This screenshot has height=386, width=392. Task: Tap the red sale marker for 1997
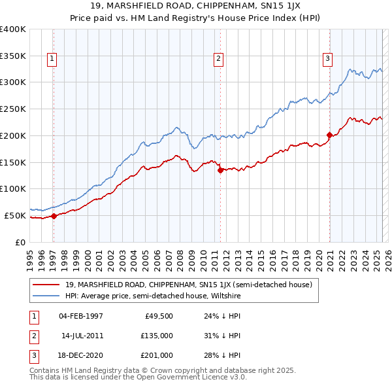pos(54,216)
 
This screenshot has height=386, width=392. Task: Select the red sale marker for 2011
pos(220,170)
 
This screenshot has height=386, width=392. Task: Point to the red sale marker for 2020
pos(329,135)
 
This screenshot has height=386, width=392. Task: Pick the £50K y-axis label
pos(16,215)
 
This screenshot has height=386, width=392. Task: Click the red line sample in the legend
pos(46,285)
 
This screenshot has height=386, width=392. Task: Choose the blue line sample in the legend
pos(46,296)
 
